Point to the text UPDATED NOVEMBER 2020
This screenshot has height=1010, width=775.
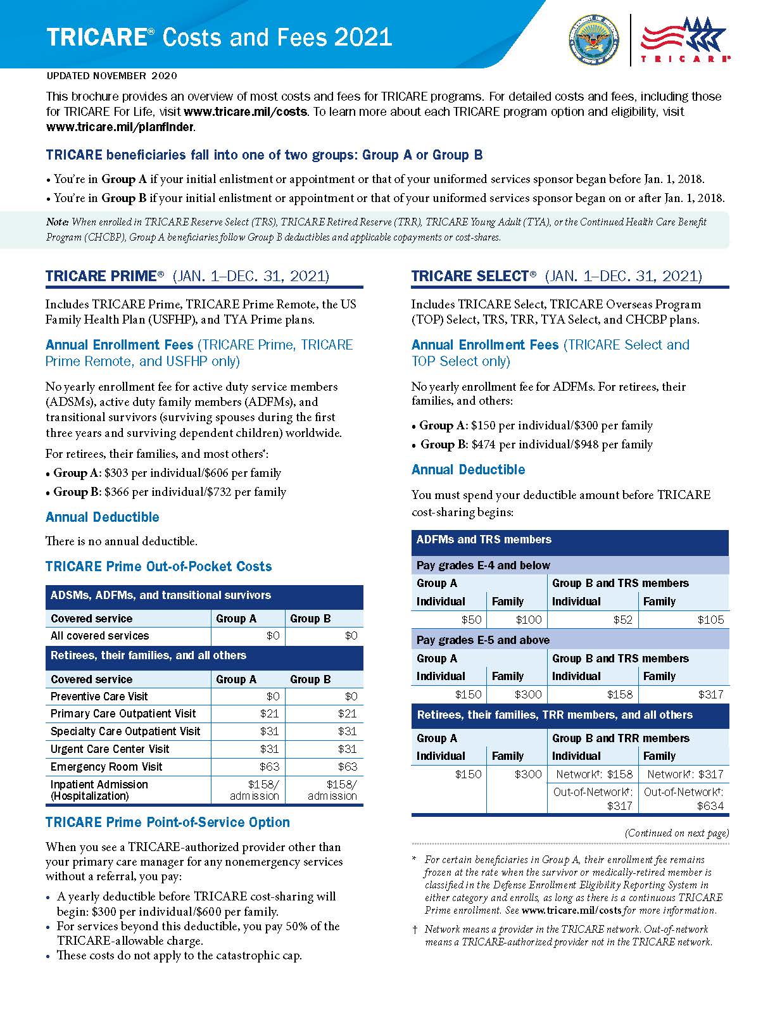tap(111, 76)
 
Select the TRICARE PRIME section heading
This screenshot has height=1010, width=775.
tap(101, 276)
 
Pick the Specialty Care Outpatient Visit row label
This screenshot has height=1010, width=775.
tap(125, 731)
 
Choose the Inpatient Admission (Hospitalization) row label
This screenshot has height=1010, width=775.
tap(99, 790)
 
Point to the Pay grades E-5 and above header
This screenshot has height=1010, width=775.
tap(483, 640)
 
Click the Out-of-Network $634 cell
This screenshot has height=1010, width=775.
tap(684, 799)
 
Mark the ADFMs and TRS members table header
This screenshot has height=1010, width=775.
tap(484, 540)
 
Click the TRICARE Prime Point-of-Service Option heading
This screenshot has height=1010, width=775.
tap(168, 823)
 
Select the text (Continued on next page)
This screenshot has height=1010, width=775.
tap(677, 833)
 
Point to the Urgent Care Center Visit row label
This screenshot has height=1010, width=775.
tap(110, 749)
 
